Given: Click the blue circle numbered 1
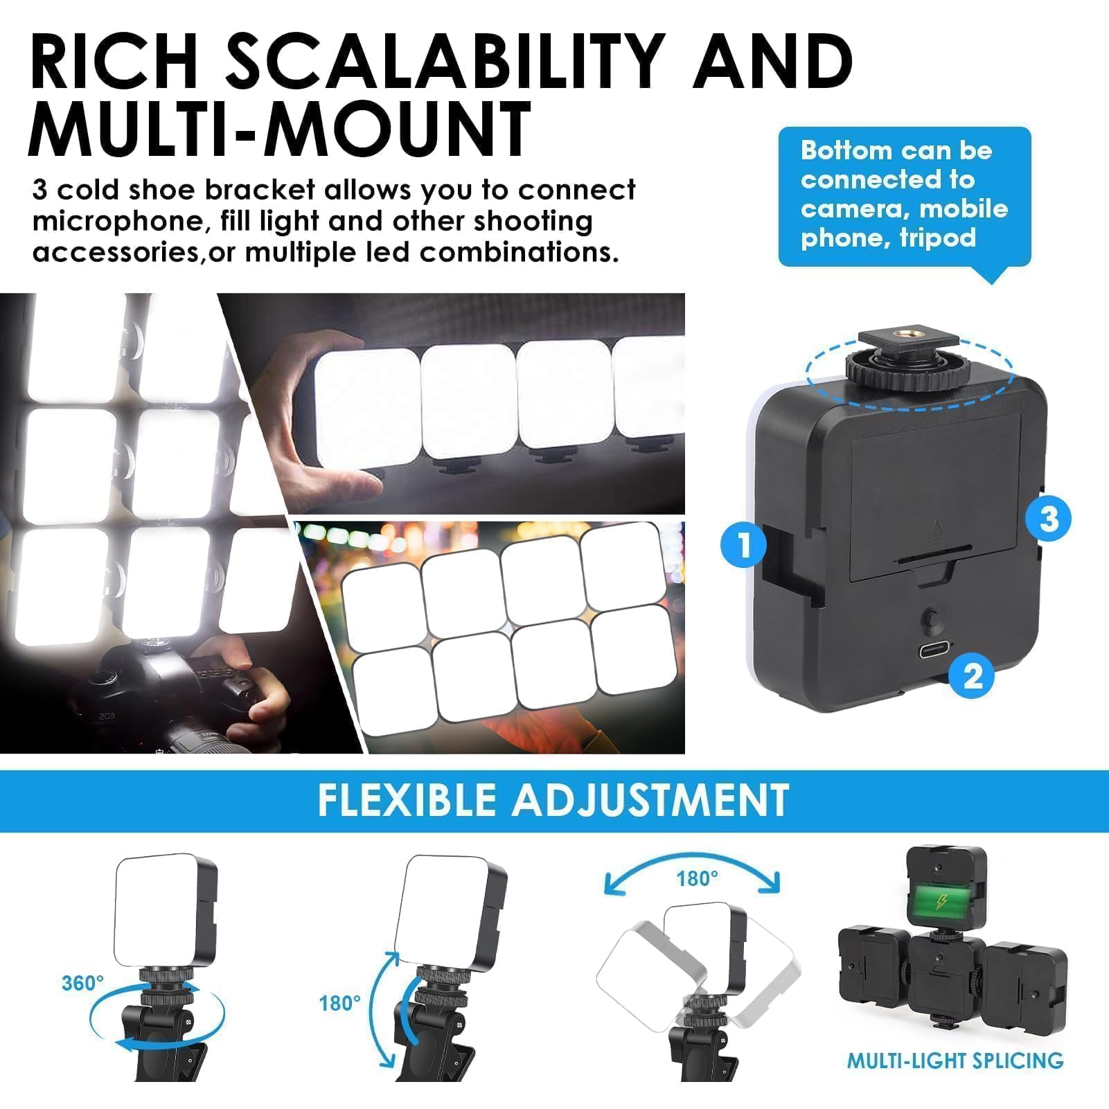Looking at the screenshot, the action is click(744, 544).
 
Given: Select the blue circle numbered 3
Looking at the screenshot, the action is click(1049, 519).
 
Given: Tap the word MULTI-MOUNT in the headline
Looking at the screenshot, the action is click(279, 129).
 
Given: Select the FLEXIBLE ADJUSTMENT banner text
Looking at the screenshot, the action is click(553, 800).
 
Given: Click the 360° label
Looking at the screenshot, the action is click(82, 983).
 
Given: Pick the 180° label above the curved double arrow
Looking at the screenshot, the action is click(697, 879).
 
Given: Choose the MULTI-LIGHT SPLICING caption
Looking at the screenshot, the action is click(955, 1061).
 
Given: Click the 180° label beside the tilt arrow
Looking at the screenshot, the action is click(339, 1002).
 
